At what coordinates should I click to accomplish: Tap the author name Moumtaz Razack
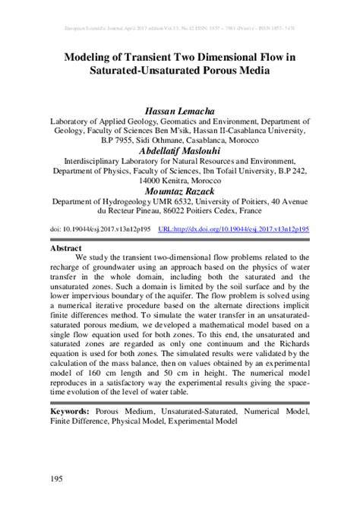[179, 191]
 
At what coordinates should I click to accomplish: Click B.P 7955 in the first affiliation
[105, 140]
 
